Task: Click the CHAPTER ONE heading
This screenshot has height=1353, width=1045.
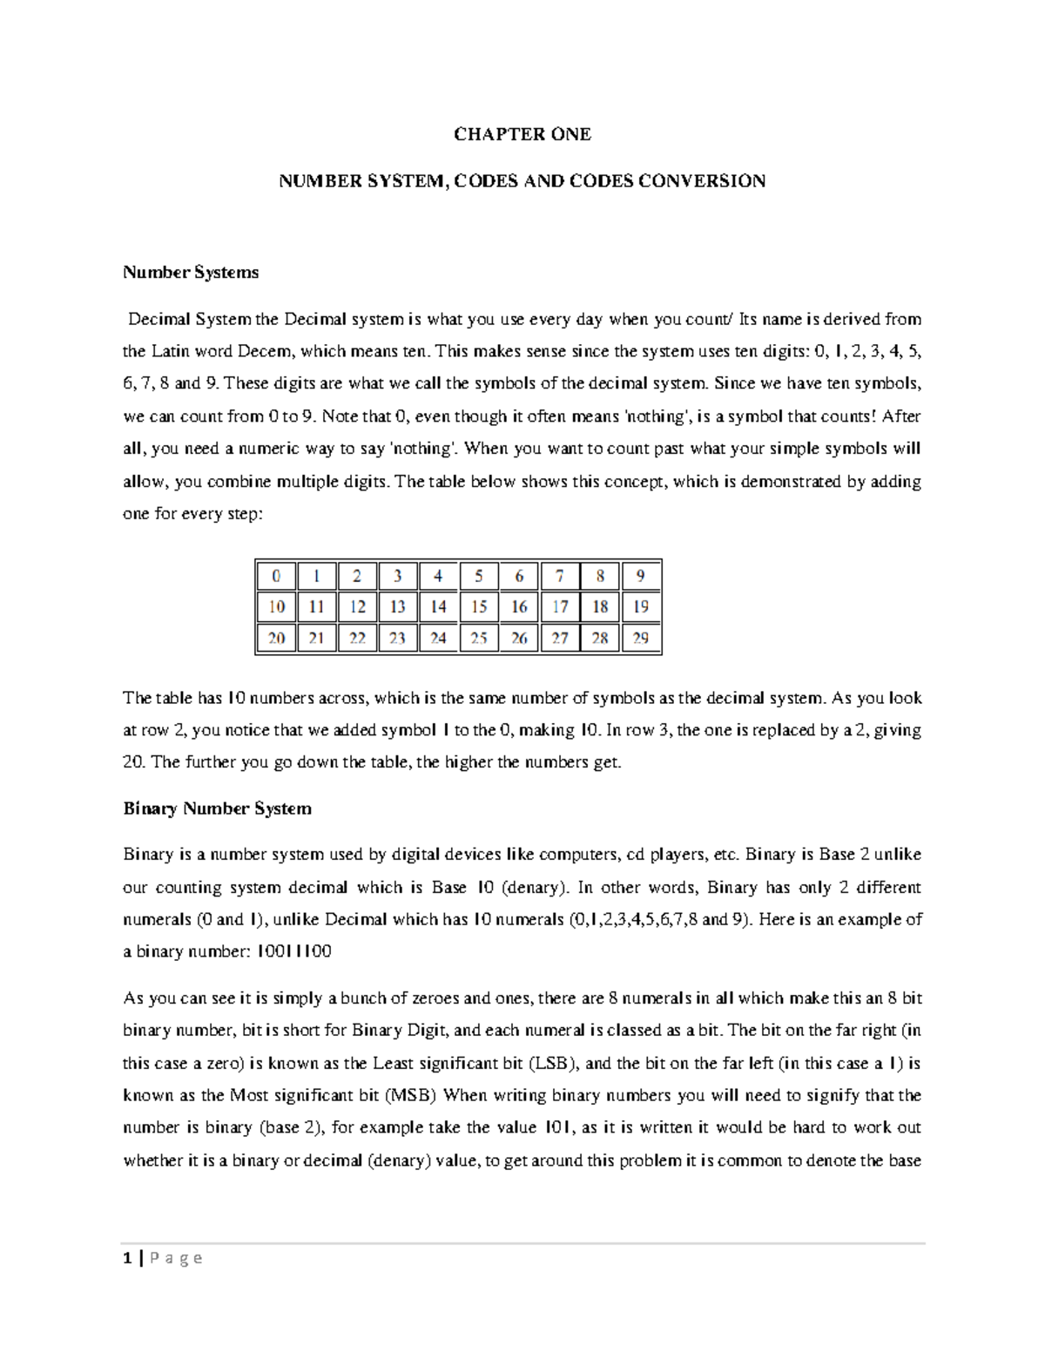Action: (x=522, y=134)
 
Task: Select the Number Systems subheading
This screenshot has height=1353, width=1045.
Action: (x=191, y=273)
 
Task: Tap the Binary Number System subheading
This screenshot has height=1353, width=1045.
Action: (x=217, y=808)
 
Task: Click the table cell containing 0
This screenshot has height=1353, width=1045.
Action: (x=276, y=576)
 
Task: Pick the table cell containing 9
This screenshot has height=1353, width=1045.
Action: (x=641, y=576)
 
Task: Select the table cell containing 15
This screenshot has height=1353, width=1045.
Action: (x=479, y=607)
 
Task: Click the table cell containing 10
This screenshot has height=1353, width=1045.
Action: (x=276, y=607)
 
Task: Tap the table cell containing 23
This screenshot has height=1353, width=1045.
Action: (x=397, y=639)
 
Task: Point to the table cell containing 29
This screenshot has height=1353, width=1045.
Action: (x=641, y=639)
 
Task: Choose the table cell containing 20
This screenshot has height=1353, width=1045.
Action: (x=276, y=639)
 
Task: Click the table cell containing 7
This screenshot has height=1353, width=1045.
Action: (x=560, y=576)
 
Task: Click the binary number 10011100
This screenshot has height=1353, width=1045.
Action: (x=293, y=951)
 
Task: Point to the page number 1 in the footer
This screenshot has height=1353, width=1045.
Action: (x=128, y=1258)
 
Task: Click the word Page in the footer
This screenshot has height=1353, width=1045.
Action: (x=176, y=1258)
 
